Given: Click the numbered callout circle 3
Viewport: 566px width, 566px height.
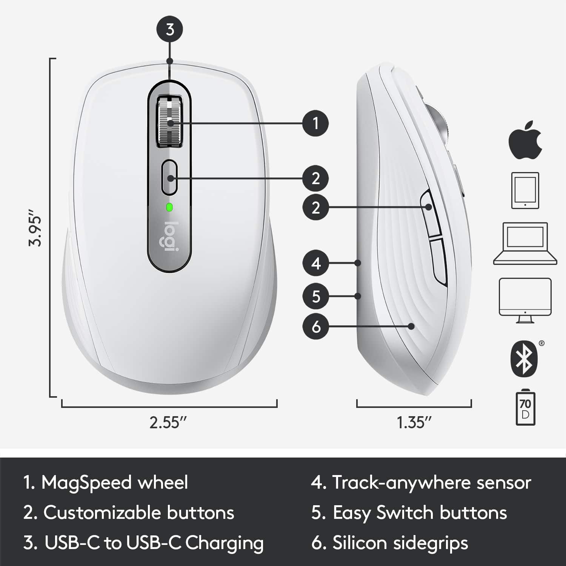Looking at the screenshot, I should tap(170, 29).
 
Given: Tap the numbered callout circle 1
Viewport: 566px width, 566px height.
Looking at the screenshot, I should tap(316, 123).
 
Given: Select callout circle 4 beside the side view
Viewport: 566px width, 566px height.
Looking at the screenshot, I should tap(316, 263).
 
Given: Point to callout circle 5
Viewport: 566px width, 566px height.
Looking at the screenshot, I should tap(316, 296).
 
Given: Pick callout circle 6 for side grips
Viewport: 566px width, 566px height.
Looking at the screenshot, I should tap(316, 326).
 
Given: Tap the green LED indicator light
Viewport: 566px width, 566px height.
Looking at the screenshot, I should tap(169, 207).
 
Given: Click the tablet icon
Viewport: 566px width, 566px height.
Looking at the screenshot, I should tap(525, 191).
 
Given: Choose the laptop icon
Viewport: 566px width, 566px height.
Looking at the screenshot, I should tap(525, 243).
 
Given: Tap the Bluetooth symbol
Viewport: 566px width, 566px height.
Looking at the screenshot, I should tap(524, 358).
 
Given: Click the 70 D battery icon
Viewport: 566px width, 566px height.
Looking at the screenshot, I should tap(525, 409).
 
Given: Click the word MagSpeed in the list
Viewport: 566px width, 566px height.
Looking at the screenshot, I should tap(86, 483).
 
